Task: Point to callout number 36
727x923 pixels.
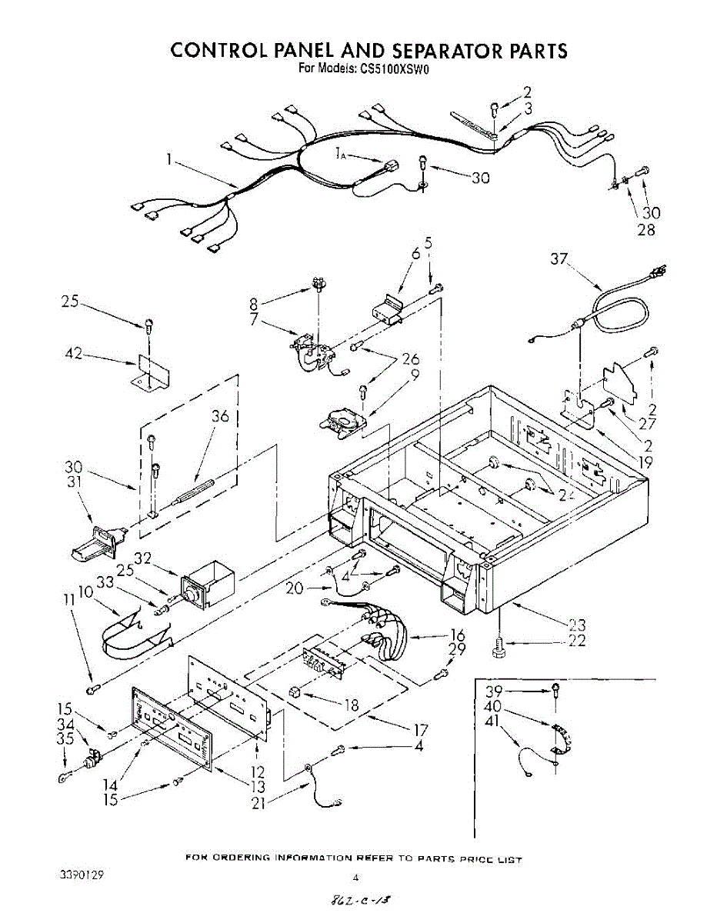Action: [221, 417]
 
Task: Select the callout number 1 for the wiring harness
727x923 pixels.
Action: [168, 160]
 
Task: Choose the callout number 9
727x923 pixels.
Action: [415, 375]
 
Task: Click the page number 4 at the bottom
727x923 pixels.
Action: [355, 876]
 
